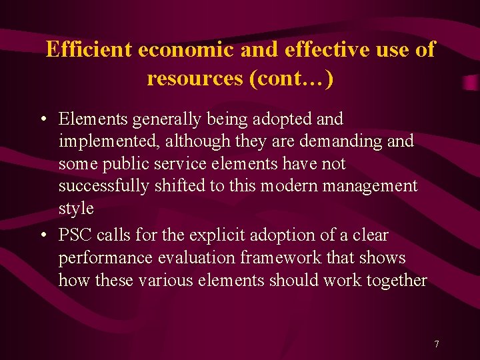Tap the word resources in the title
[x=195, y=79]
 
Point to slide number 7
[x=436, y=344]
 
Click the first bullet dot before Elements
[x=42, y=120]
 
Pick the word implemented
[x=109, y=142]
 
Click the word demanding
[x=340, y=141]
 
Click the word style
[x=76, y=209]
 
